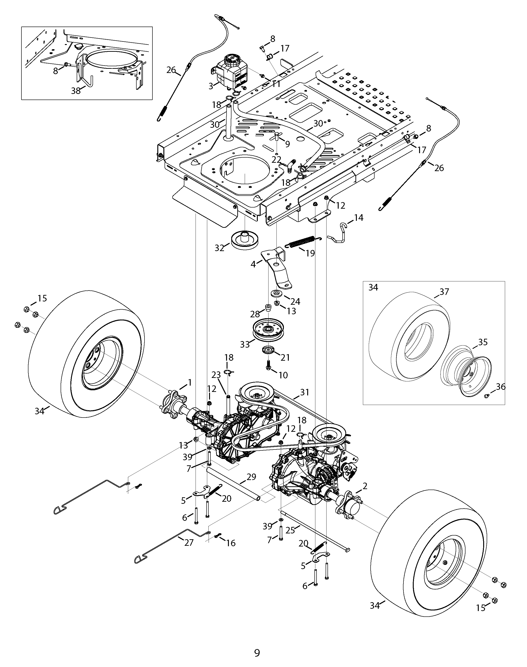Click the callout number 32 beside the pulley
tap(219, 248)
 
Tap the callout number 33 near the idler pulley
tap(245, 344)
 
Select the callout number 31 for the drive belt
tap(305, 392)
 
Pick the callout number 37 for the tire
tap(444, 292)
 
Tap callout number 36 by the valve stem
tap(500, 387)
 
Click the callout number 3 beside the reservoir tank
tap(211, 86)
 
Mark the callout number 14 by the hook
tap(358, 218)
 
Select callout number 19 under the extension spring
tap(310, 253)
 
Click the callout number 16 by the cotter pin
tap(231, 543)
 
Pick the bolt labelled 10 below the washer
tap(268, 368)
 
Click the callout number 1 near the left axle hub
tap(190, 383)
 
